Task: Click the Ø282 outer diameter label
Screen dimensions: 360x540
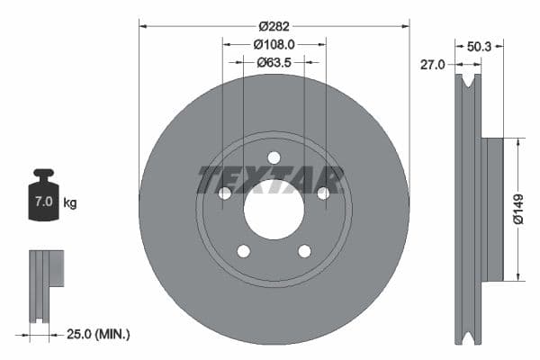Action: (274, 27)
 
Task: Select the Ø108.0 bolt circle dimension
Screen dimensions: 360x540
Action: (274, 44)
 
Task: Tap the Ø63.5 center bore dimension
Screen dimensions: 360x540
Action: (274, 62)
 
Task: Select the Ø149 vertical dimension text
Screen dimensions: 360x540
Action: (518, 208)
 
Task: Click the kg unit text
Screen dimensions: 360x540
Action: (70, 202)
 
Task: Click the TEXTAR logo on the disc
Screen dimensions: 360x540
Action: (271, 180)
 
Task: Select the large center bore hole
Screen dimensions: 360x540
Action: (274, 210)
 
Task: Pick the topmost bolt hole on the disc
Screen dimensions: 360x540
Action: (274, 157)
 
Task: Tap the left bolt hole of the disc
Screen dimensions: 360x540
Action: (225, 193)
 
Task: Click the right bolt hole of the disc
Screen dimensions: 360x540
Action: (323, 193)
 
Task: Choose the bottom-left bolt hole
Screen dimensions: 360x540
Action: (243, 251)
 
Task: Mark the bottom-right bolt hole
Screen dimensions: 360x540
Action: (304, 251)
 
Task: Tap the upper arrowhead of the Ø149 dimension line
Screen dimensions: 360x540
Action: (518, 142)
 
